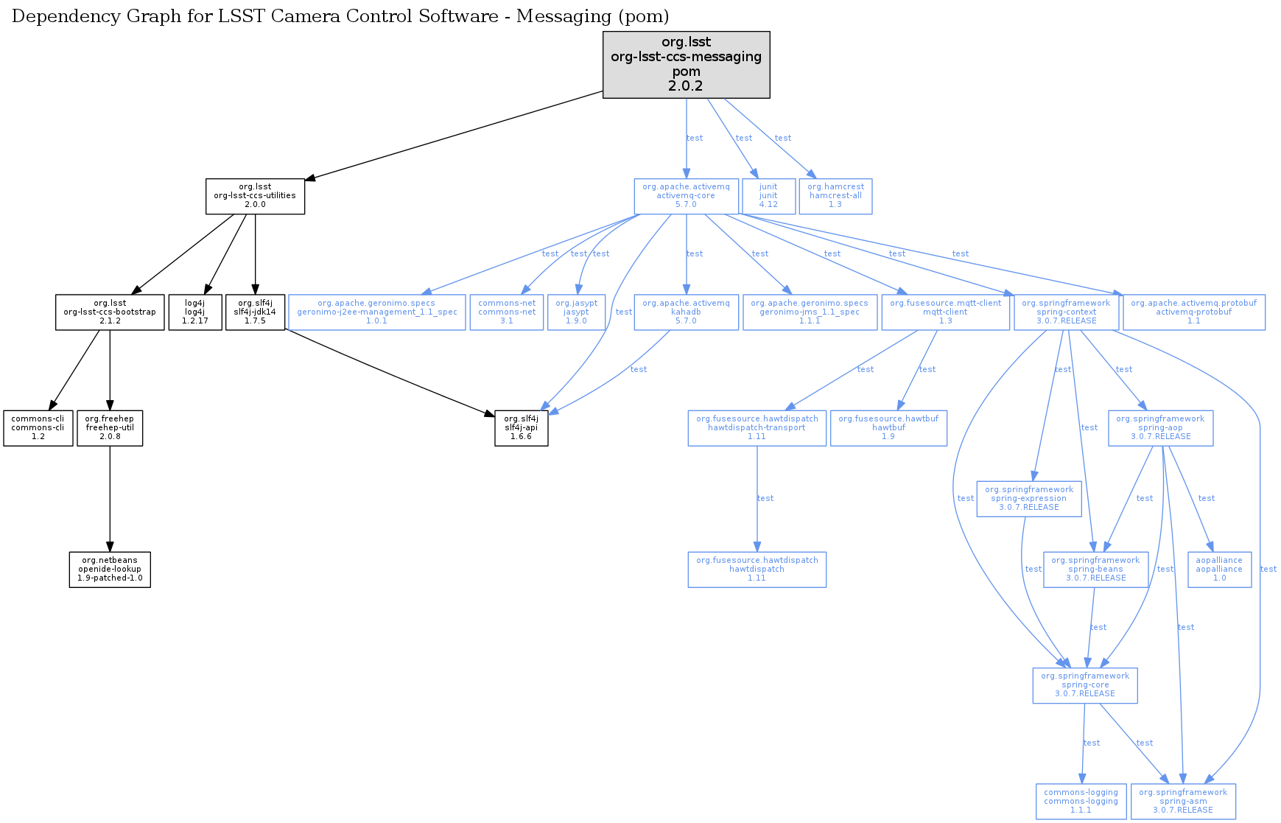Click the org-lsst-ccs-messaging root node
pyautogui.click(x=686, y=64)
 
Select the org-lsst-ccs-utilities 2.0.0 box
pyautogui.click(x=255, y=196)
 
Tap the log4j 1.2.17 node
pyautogui.click(x=195, y=312)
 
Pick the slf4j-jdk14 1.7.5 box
pyautogui.click(x=255, y=312)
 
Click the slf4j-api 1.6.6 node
pyautogui.click(x=521, y=428)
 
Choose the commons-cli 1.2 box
pyautogui.click(x=38, y=428)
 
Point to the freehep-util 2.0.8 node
pyautogui.click(x=110, y=428)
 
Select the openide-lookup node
pyautogui.click(x=110, y=570)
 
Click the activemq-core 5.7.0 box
pyautogui.click(x=686, y=196)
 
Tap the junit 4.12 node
pyautogui.click(x=768, y=196)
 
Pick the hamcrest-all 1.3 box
pyautogui.click(x=835, y=196)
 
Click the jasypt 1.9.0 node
pyautogui.click(x=576, y=312)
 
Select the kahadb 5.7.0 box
pyautogui.click(x=686, y=312)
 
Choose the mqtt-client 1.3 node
pyautogui.click(x=945, y=312)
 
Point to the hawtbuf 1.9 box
pyautogui.click(x=888, y=428)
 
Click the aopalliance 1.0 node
pyautogui.click(x=1219, y=570)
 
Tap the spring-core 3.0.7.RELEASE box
pyautogui.click(x=1085, y=685)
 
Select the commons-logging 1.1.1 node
pyautogui.click(x=1081, y=802)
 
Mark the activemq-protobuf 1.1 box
pyautogui.click(x=1193, y=312)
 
